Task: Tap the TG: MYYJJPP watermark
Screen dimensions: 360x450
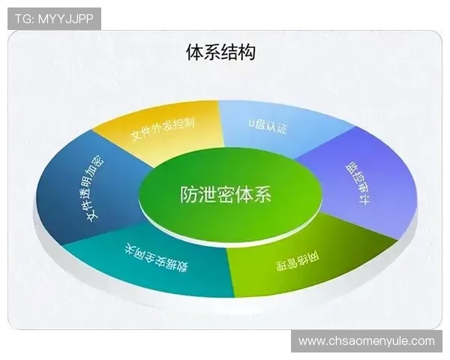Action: tap(54, 19)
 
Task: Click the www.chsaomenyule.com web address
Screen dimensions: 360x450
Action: tap(366, 341)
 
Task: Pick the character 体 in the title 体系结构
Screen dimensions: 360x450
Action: tap(194, 52)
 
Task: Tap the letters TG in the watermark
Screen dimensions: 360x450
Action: tap(22, 19)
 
